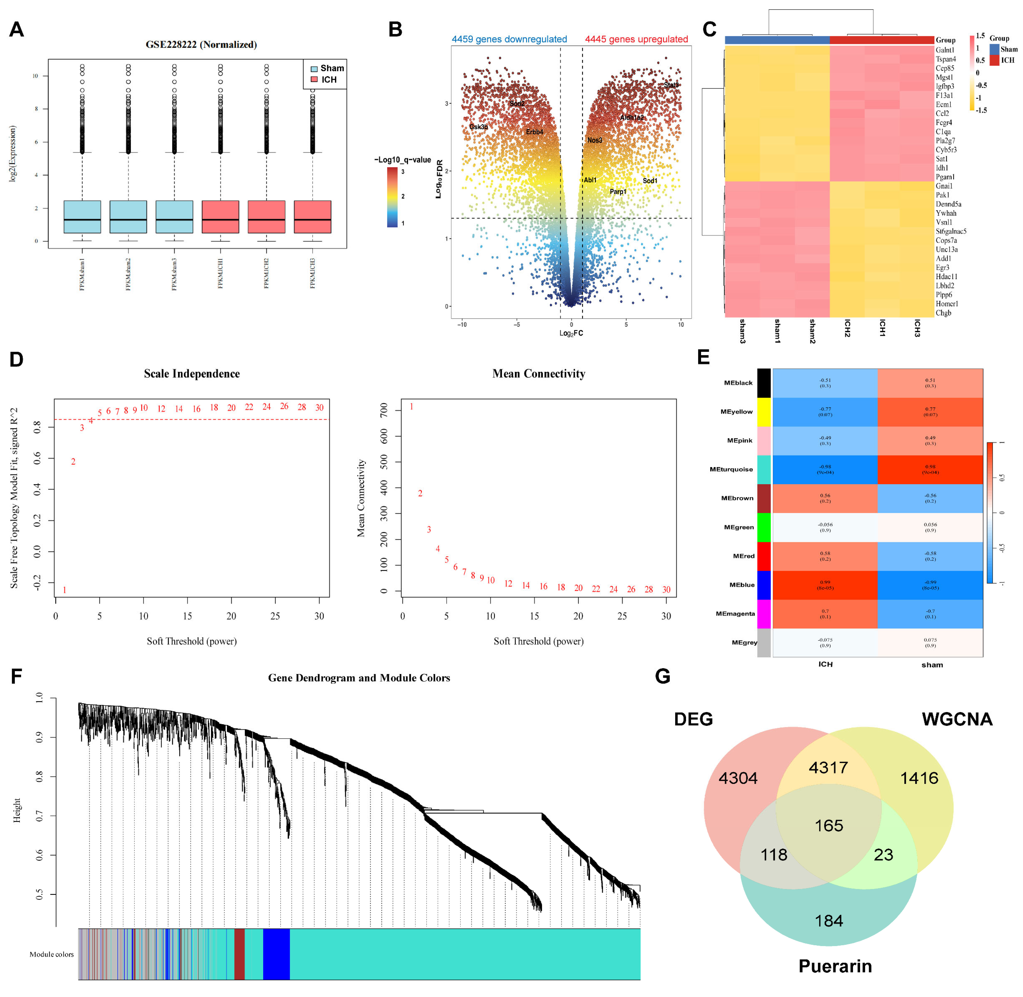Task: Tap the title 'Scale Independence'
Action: pos(192,373)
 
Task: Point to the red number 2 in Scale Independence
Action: pos(73,461)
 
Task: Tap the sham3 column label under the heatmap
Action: pos(742,331)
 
